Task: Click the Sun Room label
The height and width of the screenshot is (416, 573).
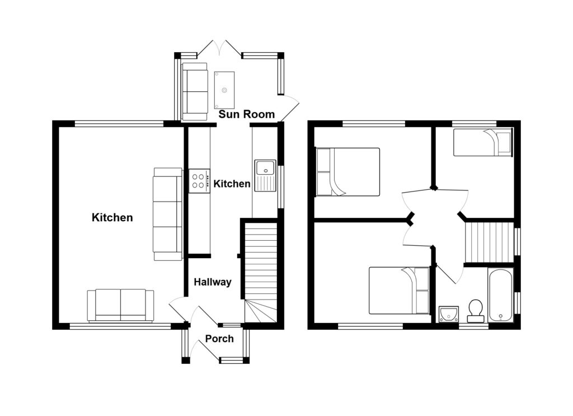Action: pyautogui.click(x=247, y=115)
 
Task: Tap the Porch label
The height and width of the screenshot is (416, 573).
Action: pyautogui.click(x=219, y=339)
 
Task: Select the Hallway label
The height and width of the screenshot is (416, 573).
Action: pyautogui.click(x=213, y=282)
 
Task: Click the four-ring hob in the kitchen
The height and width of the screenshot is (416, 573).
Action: pyautogui.click(x=199, y=181)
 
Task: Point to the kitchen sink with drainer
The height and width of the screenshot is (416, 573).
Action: pyautogui.click(x=265, y=175)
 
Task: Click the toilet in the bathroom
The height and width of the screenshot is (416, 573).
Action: pyautogui.click(x=476, y=311)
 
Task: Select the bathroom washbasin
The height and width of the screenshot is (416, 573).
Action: pyautogui.click(x=449, y=314)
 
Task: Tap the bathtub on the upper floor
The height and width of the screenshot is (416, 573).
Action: pyautogui.click(x=501, y=296)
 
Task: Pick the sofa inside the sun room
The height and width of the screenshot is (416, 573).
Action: pyautogui.click(x=195, y=91)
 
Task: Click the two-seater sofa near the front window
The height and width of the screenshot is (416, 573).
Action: pyautogui.click(x=120, y=305)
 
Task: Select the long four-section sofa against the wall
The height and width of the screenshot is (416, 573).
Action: pyautogui.click(x=168, y=214)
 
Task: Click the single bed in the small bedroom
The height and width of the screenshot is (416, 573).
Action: pyautogui.click(x=482, y=142)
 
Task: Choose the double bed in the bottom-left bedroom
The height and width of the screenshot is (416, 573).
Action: pyautogui.click(x=399, y=291)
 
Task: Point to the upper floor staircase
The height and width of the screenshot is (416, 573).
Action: pyautogui.click(x=489, y=242)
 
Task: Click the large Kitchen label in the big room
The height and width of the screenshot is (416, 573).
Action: pyautogui.click(x=112, y=217)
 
